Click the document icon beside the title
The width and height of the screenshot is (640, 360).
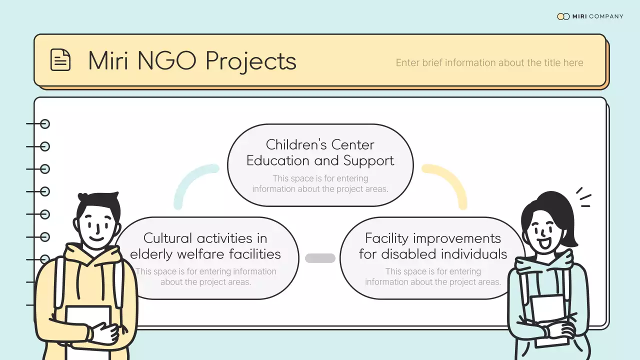(60, 60)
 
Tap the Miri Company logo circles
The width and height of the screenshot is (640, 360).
(563, 16)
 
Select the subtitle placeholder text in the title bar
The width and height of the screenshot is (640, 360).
(489, 63)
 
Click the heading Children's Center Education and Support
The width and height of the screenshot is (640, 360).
(320, 152)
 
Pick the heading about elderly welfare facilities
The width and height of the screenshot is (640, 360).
(205, 246)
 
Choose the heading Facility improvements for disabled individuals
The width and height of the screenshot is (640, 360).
(432, 246)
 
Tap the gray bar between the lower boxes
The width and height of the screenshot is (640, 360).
(320, 258)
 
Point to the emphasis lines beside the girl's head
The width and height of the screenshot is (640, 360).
(583, 197)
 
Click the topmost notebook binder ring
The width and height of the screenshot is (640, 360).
(44, 124)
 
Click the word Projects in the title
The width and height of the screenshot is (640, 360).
(250, 61)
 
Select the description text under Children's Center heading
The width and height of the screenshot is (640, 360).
(320, 183)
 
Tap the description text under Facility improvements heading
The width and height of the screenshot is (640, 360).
(432, 276)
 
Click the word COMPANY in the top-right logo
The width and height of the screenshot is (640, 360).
(606, 16)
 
